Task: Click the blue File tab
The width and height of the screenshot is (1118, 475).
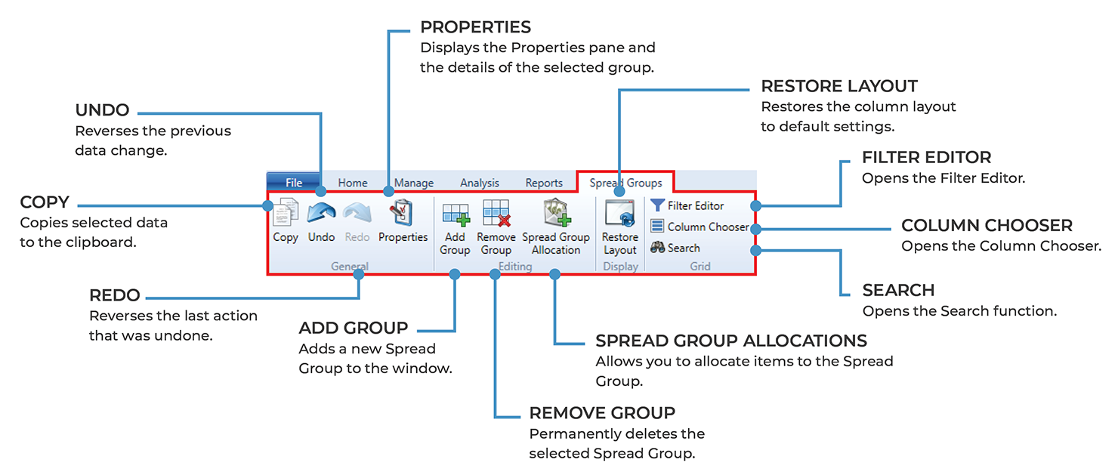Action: [x=294, y=183]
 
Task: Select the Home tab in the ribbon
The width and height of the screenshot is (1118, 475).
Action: [x=353, y=183]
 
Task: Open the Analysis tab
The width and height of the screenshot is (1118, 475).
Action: [x=480, y=183]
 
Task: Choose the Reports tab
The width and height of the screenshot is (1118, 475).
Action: [x=544, y=183]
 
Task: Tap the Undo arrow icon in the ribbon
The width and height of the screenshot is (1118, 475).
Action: [x=321, y=213]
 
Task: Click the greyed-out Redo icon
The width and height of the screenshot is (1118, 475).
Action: [x=357, y=213]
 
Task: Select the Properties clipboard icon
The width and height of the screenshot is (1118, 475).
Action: [x=403, y=213]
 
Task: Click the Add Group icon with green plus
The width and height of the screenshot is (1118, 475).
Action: [x=455, y=214]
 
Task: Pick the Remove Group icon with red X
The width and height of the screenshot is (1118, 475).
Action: [x=496, y=214]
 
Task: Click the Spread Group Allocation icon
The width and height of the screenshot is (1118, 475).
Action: [x=556, y=214]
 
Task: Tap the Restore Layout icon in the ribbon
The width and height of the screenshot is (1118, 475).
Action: [x=619, y=214]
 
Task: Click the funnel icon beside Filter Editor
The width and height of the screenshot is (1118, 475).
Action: [x=657, y=205]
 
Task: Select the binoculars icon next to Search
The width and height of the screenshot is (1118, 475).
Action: [x=657, y=248]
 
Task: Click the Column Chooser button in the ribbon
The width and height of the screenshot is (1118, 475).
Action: [x=700, y=227]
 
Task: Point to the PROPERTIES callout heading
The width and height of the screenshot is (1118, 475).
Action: [x=475, y=27]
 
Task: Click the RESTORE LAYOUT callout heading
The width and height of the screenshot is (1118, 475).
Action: [x=839, y=86]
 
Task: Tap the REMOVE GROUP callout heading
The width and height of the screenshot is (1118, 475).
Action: [x=602, y=413]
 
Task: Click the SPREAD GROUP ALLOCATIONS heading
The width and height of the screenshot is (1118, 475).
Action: [x=731, y=341]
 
